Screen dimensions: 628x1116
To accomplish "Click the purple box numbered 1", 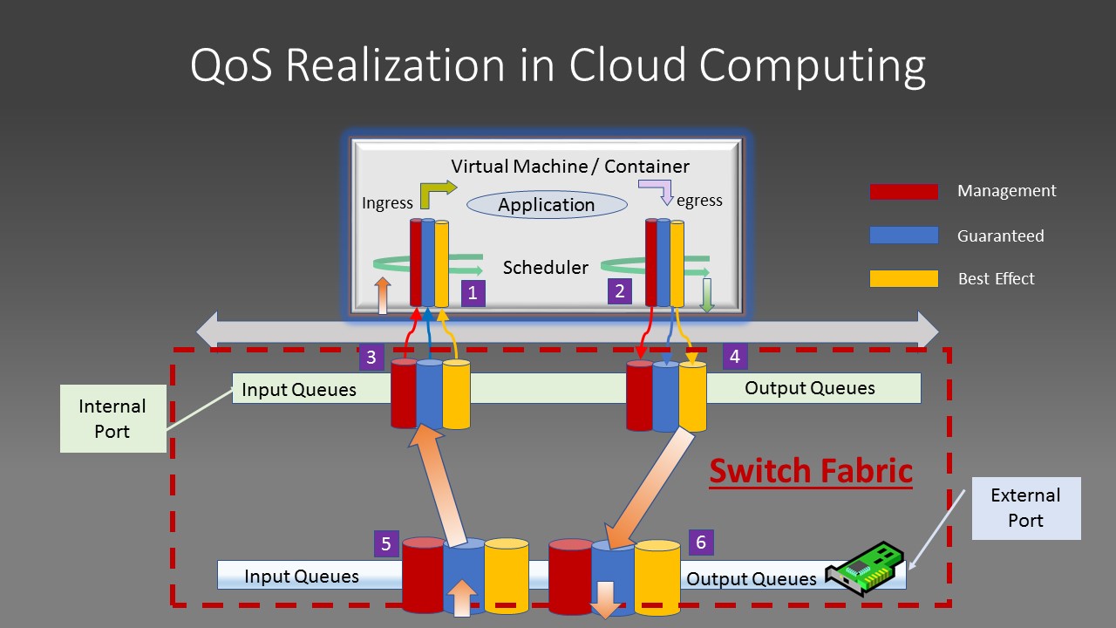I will coord(473,293).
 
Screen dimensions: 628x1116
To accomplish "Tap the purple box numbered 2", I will coord(620,291).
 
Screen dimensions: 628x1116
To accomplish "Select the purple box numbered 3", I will coord(371,357).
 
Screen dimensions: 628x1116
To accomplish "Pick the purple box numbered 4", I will coord(735,356).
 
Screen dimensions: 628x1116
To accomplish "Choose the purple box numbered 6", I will coord(701,542).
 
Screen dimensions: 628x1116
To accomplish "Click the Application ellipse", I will coord(547,205).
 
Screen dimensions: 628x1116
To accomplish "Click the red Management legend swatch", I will coord(903,192).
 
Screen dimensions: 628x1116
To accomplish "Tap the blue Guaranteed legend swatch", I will coord(903,235).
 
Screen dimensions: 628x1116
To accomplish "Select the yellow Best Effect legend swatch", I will coord(903,279).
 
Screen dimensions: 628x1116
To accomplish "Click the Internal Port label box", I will coord(112,419).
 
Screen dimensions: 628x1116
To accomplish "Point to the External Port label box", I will coord(1025,508).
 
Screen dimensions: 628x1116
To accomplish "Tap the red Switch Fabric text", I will coord(810,471).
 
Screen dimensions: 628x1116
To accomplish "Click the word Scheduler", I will coord(545,268).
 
